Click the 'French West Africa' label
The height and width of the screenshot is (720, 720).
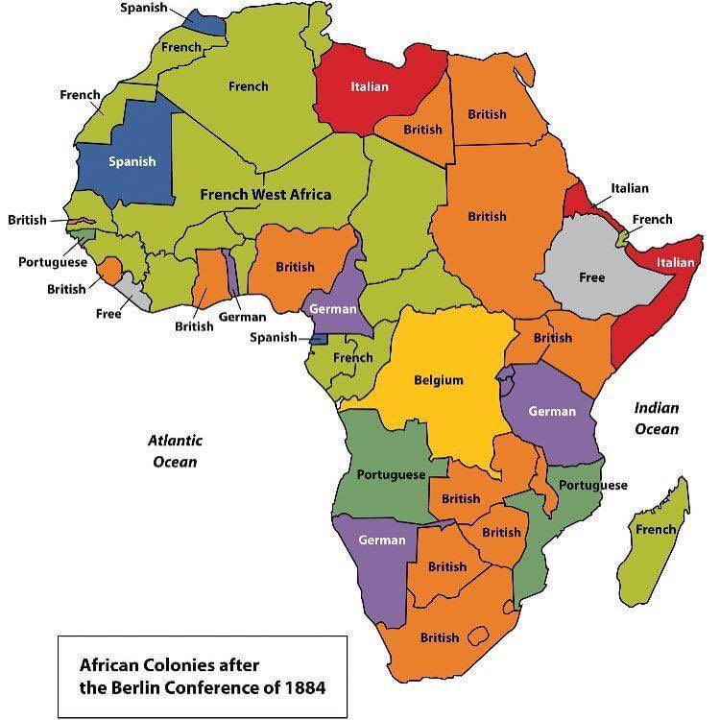[265, 194]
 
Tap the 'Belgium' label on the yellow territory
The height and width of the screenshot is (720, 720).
[438, 380]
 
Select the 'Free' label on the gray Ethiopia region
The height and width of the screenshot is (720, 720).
[591, 277]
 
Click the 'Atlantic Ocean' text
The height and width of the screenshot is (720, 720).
[175, 451]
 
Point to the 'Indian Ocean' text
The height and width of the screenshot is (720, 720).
[656, 419]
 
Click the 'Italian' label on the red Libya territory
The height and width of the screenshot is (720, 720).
[370, 86]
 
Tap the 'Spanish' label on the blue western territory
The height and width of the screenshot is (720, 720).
[132, 161]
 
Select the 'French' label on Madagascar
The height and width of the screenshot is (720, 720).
[656, 529]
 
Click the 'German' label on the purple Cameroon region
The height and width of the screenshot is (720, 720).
[332, 309]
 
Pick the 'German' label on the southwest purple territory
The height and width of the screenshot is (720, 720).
[381, 540]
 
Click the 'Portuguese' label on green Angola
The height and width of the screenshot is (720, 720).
[391, 475]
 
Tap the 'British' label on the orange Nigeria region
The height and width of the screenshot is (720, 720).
[295, 267]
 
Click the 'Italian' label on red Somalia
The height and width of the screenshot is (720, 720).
[675, 262]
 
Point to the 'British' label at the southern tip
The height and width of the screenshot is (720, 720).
[439, 637]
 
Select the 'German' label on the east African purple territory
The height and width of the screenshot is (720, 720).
[552, 412]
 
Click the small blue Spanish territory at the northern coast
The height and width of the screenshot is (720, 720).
[204, 22]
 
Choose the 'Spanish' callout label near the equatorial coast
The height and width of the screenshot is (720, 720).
[273, 337]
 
